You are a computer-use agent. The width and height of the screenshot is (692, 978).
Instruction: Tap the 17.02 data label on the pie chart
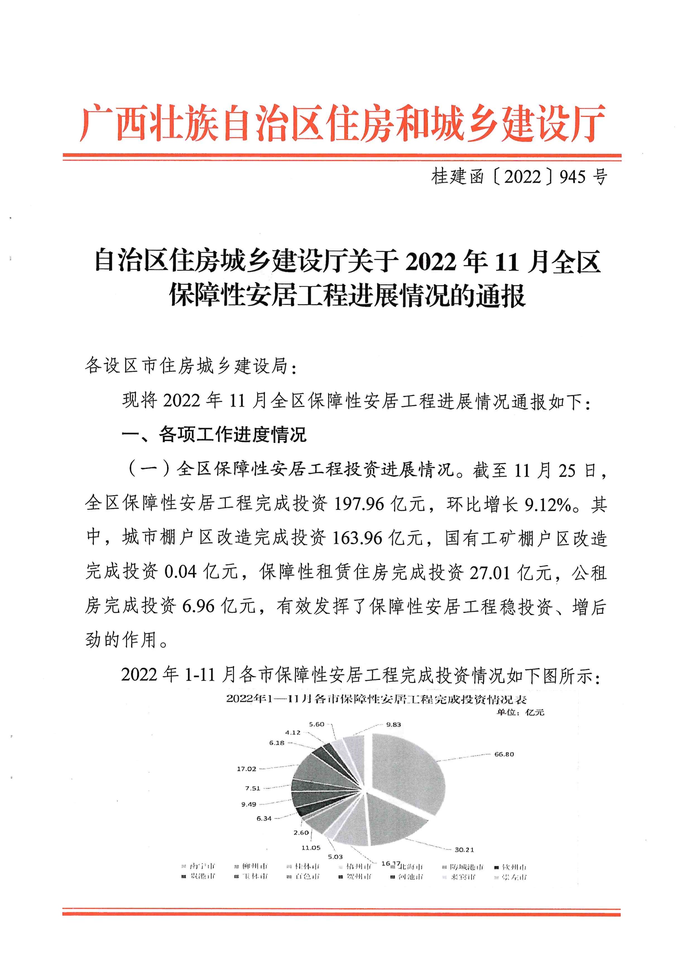tap(246, 769)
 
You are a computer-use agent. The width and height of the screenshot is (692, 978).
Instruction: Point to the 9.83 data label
tap(393, 724)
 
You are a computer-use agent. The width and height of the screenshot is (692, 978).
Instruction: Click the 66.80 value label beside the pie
tap(504, 754)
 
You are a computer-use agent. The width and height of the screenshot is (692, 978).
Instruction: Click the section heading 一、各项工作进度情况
tap(214, 434)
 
